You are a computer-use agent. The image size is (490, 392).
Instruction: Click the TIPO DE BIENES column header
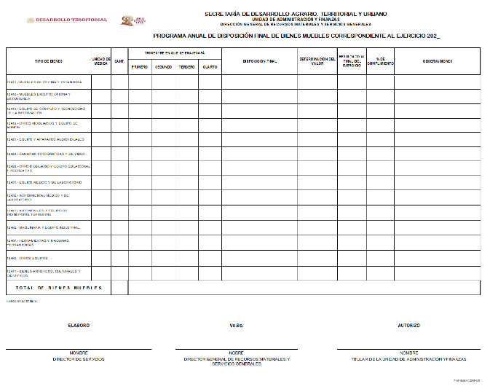(48, 61)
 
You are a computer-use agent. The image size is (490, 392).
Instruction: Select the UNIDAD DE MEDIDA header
(100, 61)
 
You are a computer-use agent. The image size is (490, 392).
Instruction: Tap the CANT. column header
(119, 61)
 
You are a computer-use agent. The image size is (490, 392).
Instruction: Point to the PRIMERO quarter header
(140, 67)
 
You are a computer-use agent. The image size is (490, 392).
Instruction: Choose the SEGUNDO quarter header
(163, 67)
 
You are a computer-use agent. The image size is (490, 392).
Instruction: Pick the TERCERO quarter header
(187, 67)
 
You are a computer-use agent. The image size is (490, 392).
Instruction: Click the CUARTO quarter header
(210, 67)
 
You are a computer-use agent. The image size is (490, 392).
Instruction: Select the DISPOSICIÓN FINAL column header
(259, 61)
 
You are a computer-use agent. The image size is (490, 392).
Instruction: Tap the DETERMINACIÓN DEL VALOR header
(317, 61)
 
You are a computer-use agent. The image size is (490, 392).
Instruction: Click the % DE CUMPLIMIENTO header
(380, 61)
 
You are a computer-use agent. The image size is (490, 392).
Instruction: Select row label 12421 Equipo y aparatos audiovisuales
(45, 139)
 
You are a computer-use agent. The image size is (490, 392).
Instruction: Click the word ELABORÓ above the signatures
(79, 326)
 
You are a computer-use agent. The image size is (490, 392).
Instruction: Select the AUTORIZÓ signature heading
(408, 326)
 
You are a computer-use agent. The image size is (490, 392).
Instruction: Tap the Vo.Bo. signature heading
(236, 326)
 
